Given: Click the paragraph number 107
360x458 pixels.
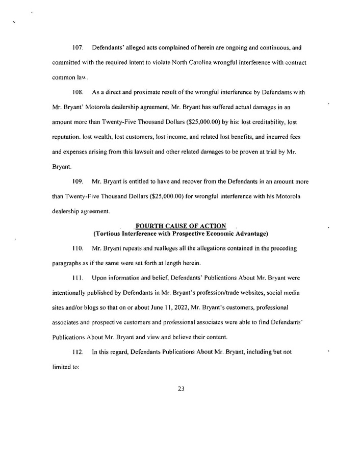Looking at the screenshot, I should [78, 47].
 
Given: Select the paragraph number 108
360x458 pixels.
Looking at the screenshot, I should [78, 92].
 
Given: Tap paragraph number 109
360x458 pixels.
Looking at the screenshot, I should [78, 181].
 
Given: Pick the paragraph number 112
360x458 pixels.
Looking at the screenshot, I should [78, 352].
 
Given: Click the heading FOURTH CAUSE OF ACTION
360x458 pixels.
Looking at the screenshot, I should [181, 226].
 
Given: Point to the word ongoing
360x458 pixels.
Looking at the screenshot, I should [234, 47].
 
